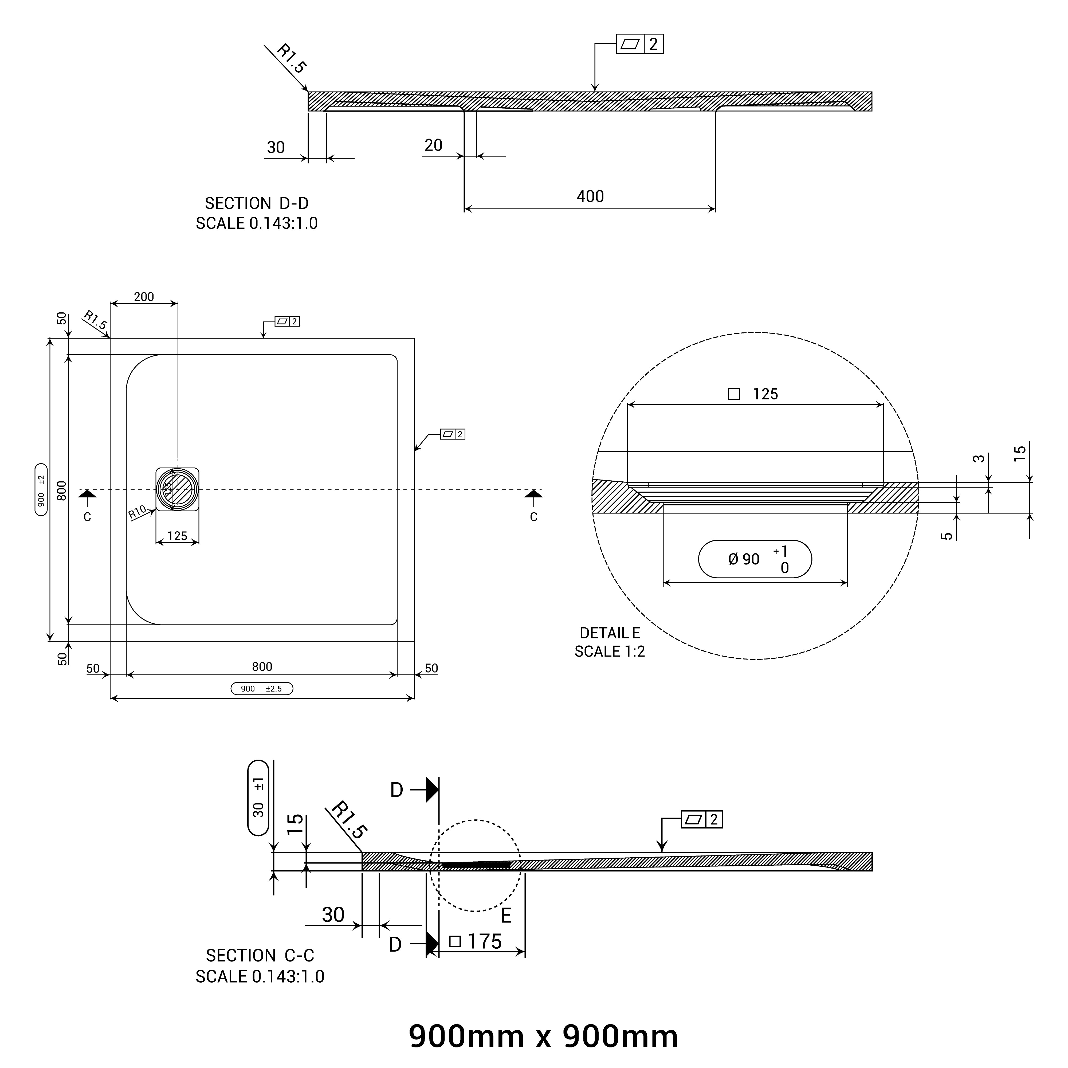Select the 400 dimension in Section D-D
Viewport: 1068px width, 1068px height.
point(590,196)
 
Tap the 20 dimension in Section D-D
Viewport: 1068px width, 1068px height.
point(433,146)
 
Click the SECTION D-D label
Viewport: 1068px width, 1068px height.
point(257,203)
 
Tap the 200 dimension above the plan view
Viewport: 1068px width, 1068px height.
point(144,297)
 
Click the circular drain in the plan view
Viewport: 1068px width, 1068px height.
point(177,489)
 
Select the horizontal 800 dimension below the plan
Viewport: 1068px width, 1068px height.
point(262,667)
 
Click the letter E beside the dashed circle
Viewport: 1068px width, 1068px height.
point(505,916)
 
